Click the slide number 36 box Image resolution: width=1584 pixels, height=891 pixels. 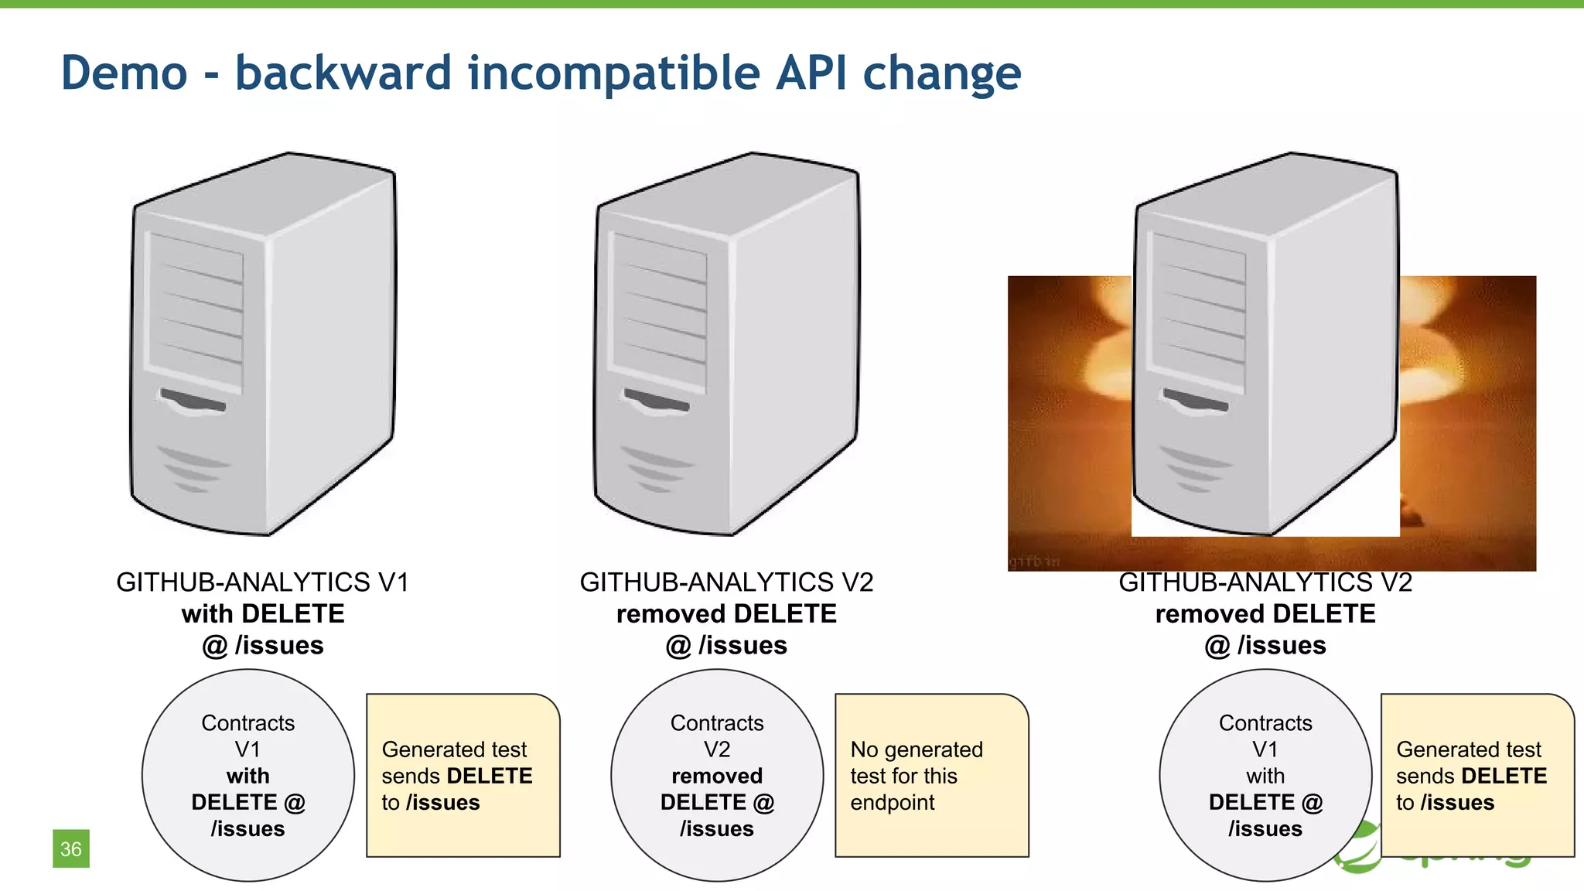(70, 848)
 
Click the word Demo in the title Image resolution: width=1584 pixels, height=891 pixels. (124, 73)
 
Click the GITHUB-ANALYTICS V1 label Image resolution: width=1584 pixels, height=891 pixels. (262, 582)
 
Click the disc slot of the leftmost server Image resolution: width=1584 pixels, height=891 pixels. (193, 401)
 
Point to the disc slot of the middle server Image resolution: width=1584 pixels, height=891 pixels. (657, 401)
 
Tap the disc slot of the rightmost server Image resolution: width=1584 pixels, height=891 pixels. (1196, 401)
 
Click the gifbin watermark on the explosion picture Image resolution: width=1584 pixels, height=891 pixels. (1034, 561)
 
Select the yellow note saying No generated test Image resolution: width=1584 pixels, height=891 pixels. (931, 775)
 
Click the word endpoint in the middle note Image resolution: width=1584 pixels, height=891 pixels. (892, 803)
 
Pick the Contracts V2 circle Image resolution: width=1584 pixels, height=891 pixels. (716, 775)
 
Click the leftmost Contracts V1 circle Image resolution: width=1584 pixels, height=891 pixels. (247, 775)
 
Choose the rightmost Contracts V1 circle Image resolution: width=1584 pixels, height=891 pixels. (1265, 775)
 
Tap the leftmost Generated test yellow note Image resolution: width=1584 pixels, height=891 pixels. (463, 775)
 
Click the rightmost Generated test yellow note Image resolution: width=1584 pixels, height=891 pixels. (1476, 775)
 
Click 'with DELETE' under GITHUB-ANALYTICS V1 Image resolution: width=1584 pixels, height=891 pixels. (263, 613)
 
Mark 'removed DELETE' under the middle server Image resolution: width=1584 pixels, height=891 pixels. (726, 613)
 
